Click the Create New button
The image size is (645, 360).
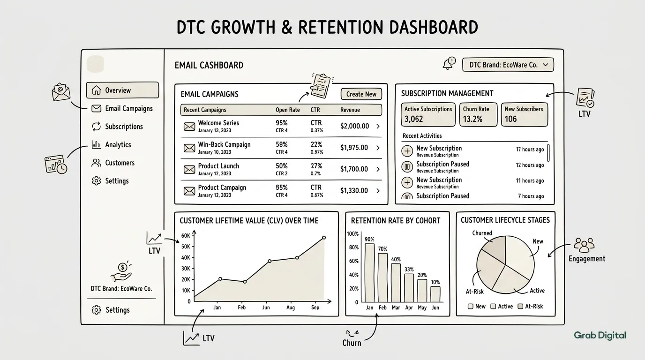[x=361, y=94]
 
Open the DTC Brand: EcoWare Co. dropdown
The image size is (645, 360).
[x=508, y=65]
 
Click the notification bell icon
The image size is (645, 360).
[x=449, y=64]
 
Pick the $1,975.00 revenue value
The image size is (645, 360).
[x=354, y=148]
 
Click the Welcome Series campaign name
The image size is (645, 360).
[x=218, y=123]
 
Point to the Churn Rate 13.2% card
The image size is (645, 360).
[x=478, y=115]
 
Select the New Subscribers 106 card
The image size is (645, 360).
[x=524, y=115]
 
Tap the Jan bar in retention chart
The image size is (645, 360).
[x=369, y=272]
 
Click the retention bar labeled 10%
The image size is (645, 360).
[x=435, y=294]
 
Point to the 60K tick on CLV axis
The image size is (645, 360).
[x=185, y=236]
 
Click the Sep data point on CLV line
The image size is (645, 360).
[x=324, y=238]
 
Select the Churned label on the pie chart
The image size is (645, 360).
[x=482, y=233]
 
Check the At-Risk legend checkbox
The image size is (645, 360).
[x=520, y=307]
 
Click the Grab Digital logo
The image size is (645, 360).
[x=600, y=335]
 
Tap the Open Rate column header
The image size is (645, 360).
[x=287, y=110]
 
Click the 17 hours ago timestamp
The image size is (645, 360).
[x=530, y=150]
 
